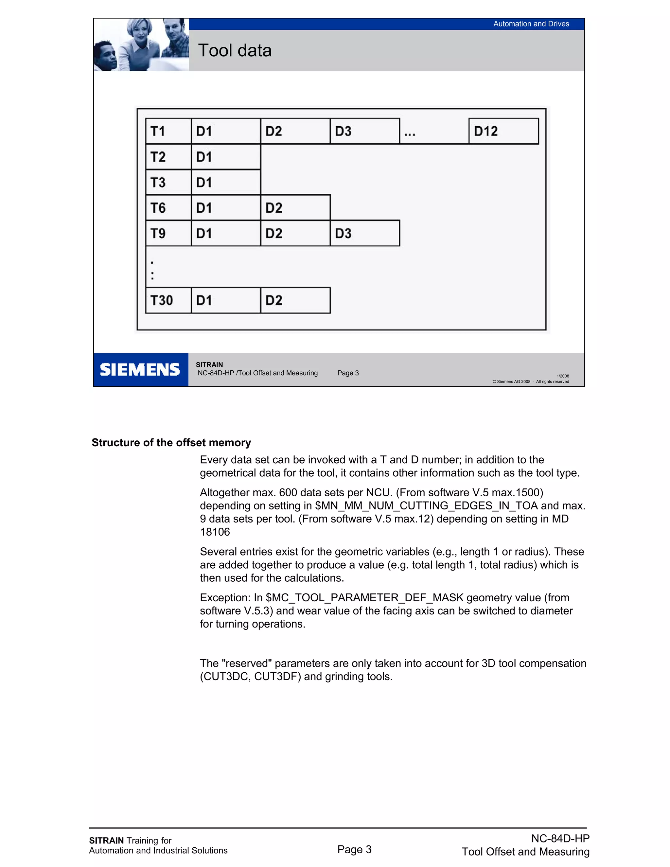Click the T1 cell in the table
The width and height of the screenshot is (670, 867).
click(x=168, y=131)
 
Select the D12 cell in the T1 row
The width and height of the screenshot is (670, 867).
click(x=503, y=131)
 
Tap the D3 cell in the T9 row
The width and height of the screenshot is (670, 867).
click(x=364, y=233)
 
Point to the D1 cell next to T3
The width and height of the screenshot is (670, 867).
click(x=225, y=182)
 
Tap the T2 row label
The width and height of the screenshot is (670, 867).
click(x=168, y=157)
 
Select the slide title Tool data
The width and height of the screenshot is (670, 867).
click(x=235, y=50)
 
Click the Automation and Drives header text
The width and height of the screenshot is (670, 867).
click(x=531, y=24)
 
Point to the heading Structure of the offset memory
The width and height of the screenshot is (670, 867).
click(x=171, y=443)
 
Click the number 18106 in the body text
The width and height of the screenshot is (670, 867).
click(x=215, y=532)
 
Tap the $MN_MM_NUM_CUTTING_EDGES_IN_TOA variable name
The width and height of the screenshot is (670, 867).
click(x=426, y=506)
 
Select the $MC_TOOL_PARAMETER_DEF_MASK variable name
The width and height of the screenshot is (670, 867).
click(x=364, y=597)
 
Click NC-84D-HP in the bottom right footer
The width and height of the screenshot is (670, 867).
click(x=560, y=839)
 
